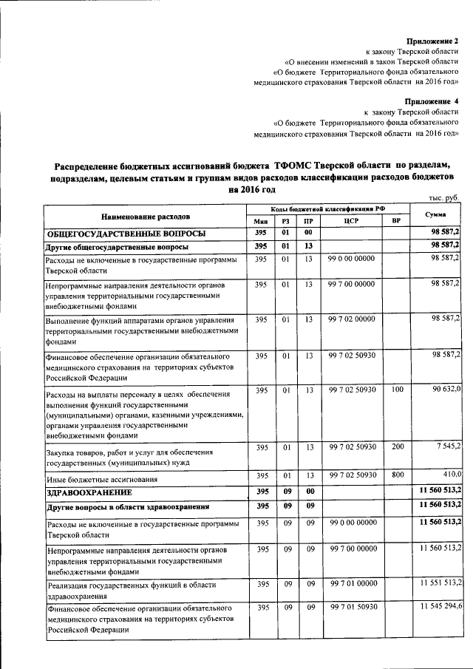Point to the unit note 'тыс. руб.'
(x=444, y=197)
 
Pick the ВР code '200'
(x=398, y=447)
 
